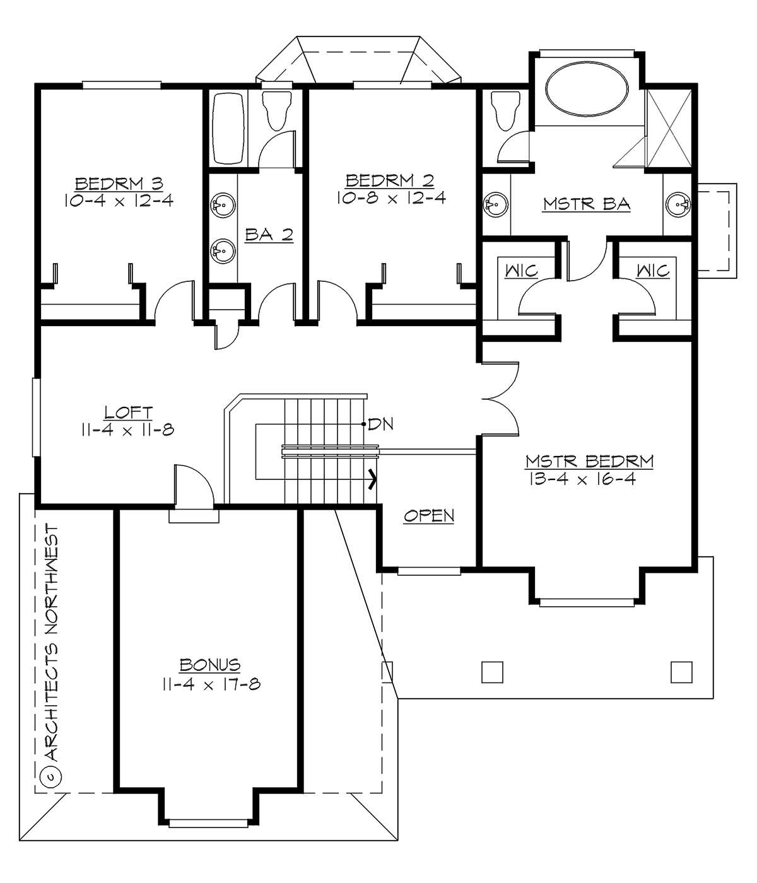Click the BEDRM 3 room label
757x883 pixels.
(119, 184)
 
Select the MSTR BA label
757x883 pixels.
(587, 204)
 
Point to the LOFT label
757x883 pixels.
(128, 413)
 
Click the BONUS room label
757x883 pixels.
(209, 665)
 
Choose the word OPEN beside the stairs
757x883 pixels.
(429, 516)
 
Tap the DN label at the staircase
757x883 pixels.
(380, 424)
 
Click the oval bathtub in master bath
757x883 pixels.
(587, 92)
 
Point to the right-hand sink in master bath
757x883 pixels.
(679, 204)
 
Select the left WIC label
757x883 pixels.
(521, 271)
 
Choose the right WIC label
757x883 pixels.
(652, 271)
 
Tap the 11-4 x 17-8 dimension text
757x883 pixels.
(209, 683)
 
